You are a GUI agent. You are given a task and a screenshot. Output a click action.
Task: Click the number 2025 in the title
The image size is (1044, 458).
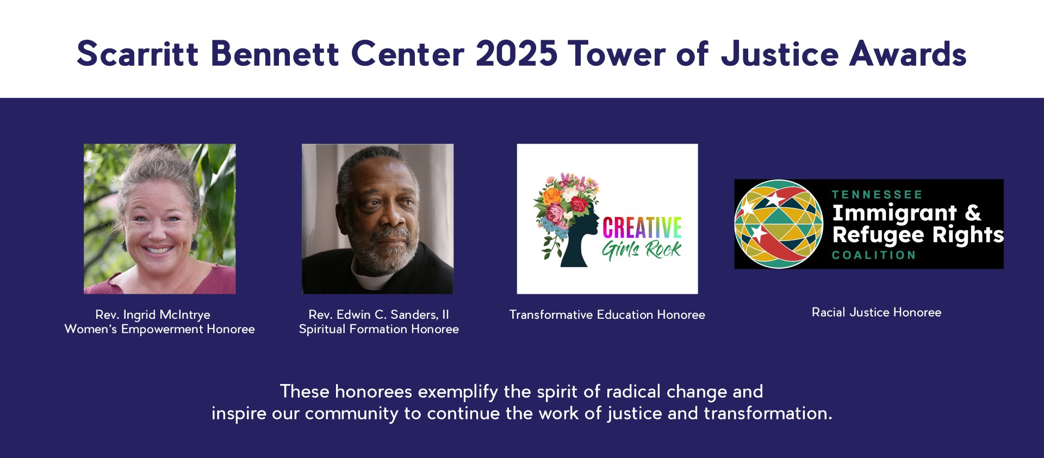[517, 54]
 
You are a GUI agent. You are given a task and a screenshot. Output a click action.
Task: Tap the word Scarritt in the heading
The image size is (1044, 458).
[138, 54]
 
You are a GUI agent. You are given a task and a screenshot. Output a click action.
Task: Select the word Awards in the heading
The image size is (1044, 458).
[908, 54]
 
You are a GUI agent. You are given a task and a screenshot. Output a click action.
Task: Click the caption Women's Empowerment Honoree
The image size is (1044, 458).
[159, 329]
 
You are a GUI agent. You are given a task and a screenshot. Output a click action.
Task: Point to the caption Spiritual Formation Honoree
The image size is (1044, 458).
[379, 329]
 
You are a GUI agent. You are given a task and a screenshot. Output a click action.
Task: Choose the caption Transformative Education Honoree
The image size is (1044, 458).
[607, 314]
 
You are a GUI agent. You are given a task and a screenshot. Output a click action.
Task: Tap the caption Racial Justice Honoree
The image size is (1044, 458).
[877, 312]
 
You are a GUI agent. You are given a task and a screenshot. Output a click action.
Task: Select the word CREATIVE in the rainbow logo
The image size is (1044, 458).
[642, 227]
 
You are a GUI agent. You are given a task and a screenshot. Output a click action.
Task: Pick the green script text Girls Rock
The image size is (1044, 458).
[642, 250]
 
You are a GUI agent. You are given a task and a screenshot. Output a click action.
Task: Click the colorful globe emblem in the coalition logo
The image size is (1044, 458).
[779, 224]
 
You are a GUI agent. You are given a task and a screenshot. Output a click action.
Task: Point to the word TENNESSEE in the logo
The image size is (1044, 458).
[877, 195]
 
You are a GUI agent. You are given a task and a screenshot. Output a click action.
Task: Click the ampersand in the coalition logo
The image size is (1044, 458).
[973, 213]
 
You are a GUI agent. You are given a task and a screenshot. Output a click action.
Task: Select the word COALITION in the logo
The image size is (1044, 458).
[874, 255]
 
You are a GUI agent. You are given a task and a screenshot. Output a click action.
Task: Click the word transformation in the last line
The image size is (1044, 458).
[768, 413]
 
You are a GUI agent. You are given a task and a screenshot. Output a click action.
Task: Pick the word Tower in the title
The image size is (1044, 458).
[617, 54]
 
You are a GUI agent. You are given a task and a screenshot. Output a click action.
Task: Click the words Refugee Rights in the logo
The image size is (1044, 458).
[918, 235]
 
